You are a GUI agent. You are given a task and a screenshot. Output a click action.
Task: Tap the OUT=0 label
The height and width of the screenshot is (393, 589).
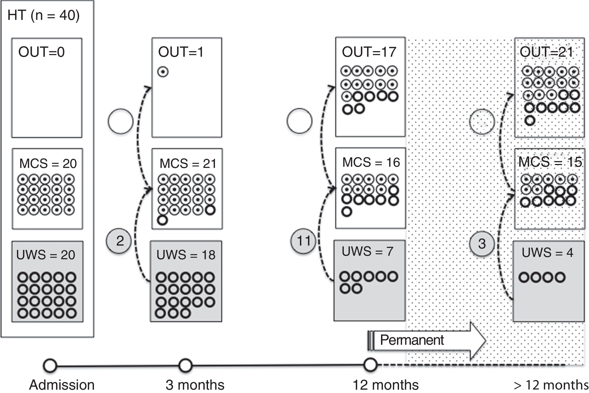click(x=42, y=52)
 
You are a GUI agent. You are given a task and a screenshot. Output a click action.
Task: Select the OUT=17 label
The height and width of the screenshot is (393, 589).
click(x=369, y=52)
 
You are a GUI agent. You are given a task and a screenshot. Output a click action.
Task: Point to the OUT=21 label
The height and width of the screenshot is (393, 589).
click(x=546, y=52)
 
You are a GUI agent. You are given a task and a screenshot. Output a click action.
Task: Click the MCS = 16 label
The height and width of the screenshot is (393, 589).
click(x=371, y=162)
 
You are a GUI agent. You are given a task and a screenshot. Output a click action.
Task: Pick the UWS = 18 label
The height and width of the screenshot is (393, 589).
click(x=186, y=255)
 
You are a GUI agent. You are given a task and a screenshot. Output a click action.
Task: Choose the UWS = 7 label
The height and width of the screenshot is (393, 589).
click(x=367, y=251)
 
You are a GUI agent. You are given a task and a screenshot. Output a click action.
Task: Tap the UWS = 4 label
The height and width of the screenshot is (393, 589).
click(x=547, y=252)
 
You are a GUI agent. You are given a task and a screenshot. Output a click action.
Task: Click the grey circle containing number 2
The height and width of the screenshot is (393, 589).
click(x=119, y=241)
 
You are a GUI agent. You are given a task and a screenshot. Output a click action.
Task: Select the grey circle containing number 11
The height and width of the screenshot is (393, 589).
click(x=303, y=241)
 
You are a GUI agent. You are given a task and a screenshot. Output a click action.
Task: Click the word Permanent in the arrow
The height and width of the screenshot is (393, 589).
click(x=412, y=340)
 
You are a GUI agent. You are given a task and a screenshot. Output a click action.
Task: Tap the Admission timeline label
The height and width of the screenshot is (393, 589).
click(x=62, y=385)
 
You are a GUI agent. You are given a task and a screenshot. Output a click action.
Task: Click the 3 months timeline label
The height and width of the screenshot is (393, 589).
click(x=195, y=385)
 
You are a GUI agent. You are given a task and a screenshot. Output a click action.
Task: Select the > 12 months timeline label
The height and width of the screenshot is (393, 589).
click(x=551, y=385)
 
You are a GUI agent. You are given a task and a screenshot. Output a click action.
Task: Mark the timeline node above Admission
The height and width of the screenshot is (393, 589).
click(x=50, y=365)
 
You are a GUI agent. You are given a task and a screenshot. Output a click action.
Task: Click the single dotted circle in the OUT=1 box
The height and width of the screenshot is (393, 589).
click(x=163, y=72)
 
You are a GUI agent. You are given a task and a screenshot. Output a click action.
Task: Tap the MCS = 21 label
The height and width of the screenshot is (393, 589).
click(x=188, y=164)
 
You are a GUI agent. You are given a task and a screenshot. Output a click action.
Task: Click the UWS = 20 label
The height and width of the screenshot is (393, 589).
click(x=46, y=255)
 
